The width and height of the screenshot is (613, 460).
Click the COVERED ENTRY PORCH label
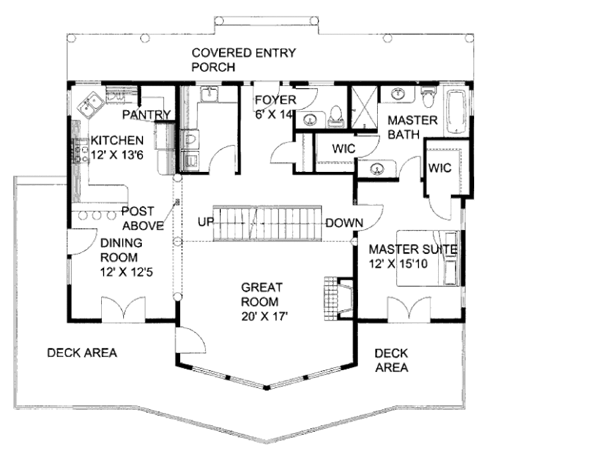click(243, 60)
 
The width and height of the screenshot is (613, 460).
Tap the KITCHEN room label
click(117, 141)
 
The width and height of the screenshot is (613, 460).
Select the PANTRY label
click(147, 114)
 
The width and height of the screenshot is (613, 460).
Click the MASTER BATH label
click(412, 127)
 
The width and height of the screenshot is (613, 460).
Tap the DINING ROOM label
click(120, 250)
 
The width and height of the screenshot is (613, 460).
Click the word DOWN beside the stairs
click(344, 223)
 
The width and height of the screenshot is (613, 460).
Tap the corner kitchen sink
click(91, 105)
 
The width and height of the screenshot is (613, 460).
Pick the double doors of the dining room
click(123, 308)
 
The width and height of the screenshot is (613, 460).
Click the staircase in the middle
click(269, 223)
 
